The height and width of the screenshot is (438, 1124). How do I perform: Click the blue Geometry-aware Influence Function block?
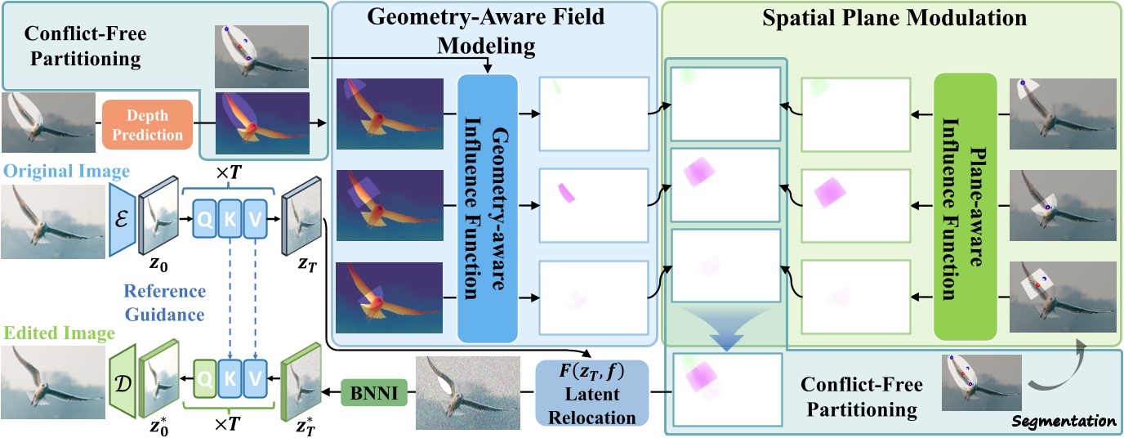point(488,208)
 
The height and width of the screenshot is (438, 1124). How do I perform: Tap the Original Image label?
point(54,172)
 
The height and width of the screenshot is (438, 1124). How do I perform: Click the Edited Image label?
point(57,333)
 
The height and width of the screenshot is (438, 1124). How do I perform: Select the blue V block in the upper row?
point(256,219)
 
